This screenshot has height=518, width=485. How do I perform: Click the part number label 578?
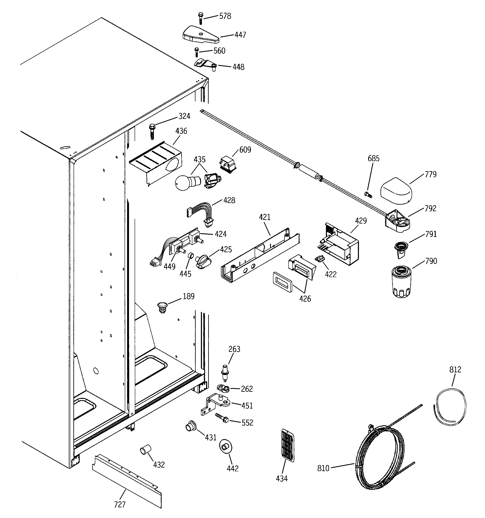(225, 16)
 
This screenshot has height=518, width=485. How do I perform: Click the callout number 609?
(245, 150)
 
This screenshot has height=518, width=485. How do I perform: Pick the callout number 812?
(455, 369)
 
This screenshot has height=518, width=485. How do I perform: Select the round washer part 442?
(225, 447)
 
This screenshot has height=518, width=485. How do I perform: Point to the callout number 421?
(265, 217)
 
